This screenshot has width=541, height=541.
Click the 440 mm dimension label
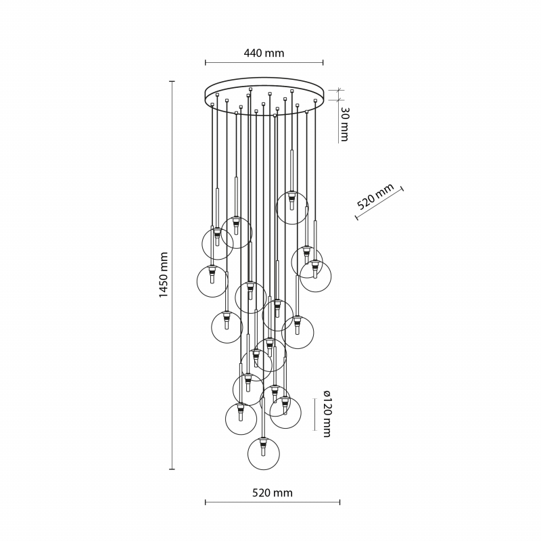[x=264, y=53]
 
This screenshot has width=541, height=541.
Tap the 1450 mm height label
[x=163, y=275]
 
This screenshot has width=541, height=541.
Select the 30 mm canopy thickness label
[x=344, y=124]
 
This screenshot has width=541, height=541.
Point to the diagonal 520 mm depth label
[x=375, y=196]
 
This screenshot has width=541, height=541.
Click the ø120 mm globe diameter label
[x=327, y=414]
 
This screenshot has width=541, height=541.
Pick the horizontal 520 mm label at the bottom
[x=273, y=493]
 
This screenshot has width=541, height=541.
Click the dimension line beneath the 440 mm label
[x=264, y=62]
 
